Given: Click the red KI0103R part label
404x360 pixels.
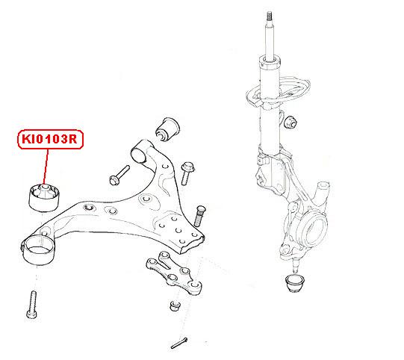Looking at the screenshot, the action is [x=50, y=139].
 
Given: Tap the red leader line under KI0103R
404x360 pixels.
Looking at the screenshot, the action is [x=46, y=167].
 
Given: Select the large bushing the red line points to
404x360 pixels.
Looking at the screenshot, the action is [x=44, y=198].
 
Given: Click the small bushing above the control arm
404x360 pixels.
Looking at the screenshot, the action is [x=167, y=129].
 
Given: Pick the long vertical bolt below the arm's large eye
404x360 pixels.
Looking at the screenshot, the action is [x=32, y=305].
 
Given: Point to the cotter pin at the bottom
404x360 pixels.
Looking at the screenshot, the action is [x=179, y=343].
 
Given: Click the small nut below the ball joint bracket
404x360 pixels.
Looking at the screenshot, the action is [x=175, y=306].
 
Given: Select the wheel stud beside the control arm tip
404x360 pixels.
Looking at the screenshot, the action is [x=199, y=216].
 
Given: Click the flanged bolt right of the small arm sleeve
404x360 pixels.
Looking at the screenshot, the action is [x=187, y=173].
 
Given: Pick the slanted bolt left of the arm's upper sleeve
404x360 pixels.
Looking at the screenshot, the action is [x=119, y=176].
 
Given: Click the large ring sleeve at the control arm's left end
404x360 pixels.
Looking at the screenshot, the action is [x=37, y=250].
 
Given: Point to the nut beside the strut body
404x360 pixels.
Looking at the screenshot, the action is [x=290, y=122].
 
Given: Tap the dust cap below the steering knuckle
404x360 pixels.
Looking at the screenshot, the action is [x=295, y=284].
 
